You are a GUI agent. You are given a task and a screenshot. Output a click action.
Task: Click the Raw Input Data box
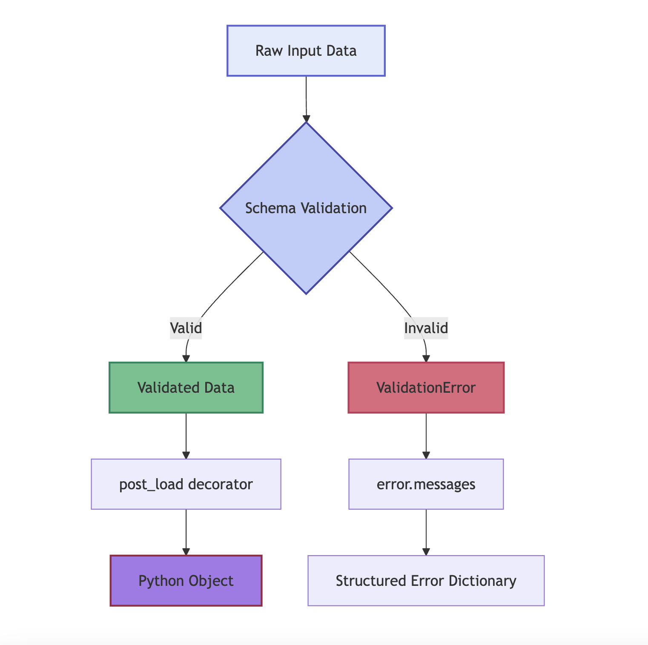click(306, 51)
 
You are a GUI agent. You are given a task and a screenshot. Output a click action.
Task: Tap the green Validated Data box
click(186, 388)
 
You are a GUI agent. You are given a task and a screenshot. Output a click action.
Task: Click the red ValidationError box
click(426, 388)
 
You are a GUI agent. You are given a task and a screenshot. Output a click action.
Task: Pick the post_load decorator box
click(186, 484)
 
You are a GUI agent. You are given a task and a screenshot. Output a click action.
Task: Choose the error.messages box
click(426, 484)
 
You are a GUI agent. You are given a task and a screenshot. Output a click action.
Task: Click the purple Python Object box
click(186, 581)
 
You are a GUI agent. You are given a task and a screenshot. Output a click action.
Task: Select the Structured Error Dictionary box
click(426, 581)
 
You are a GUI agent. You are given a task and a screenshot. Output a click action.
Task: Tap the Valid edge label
click(186, 328)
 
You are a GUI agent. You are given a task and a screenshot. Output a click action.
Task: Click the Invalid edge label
click(426, 328)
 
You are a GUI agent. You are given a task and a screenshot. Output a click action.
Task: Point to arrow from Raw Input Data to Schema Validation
click(306, 98)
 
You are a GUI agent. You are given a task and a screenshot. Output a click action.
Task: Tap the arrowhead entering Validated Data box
click(186, 359)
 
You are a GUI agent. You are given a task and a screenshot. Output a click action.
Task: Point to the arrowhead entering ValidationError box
click(426, 359)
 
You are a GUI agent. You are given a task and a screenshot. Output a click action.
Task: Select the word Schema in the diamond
click(271, 208)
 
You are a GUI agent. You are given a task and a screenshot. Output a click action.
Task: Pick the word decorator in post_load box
click(220, 484)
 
